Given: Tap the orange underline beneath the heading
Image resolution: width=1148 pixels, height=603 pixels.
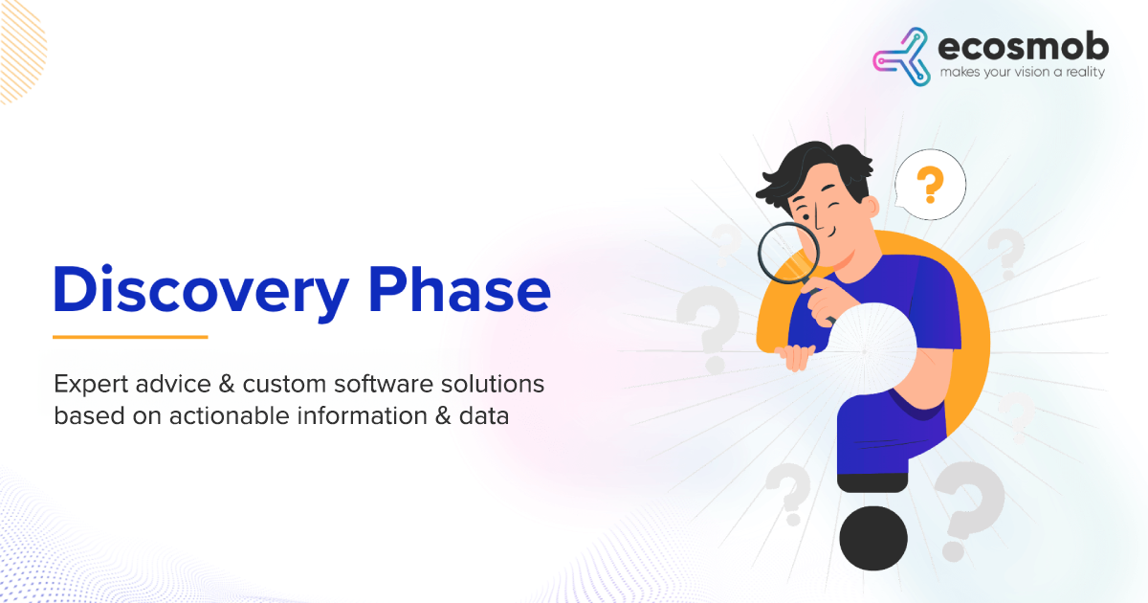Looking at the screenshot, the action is [x=130, y=337].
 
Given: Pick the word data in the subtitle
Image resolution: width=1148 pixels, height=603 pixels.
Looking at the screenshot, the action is [x=484, y=415].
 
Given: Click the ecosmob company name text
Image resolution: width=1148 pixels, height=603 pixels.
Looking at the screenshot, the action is [x=1023, y=47].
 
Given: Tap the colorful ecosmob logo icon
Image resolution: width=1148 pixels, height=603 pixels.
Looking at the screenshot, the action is [x=902, y=56].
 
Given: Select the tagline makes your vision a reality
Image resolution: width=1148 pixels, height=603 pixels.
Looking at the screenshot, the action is [x=1023, y=72].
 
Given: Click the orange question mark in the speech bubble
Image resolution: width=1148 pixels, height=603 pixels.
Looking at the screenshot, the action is [x=930, y=184].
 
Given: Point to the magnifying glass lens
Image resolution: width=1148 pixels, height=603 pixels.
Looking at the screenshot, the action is [x=788, y=253].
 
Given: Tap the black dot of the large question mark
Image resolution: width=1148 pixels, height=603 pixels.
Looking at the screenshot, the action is [x=873, y=538].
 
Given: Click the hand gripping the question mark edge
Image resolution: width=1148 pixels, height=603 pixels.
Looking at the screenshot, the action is [x=794, y=357].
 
